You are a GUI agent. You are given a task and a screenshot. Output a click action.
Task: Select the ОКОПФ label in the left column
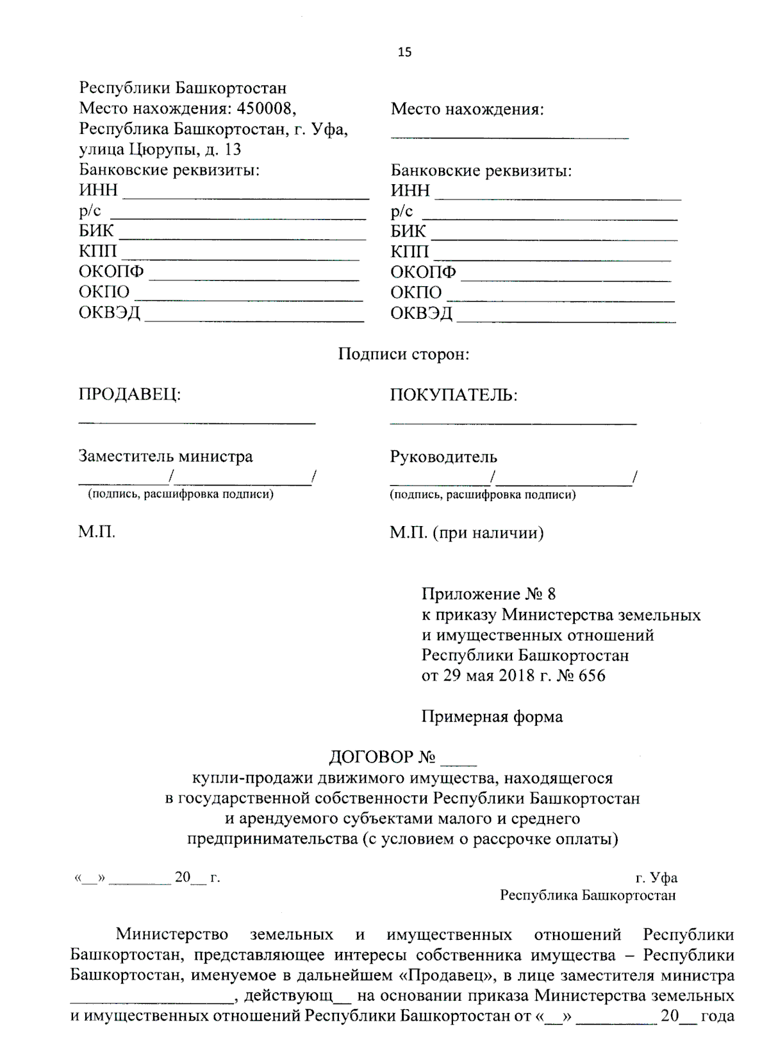111,271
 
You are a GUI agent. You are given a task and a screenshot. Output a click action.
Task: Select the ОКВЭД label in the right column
421,313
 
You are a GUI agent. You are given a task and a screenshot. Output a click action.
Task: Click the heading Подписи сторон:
404,354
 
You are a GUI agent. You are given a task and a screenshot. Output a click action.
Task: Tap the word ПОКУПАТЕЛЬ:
453,395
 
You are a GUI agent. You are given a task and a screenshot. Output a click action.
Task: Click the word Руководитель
443,457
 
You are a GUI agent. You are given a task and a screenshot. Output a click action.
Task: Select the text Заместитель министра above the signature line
165,456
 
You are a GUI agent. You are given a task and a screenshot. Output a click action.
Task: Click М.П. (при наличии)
466,532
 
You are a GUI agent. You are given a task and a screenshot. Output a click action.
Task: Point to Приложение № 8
488,593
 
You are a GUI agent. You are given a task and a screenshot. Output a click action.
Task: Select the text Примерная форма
492,717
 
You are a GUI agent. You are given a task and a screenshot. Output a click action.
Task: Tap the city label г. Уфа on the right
656,878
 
